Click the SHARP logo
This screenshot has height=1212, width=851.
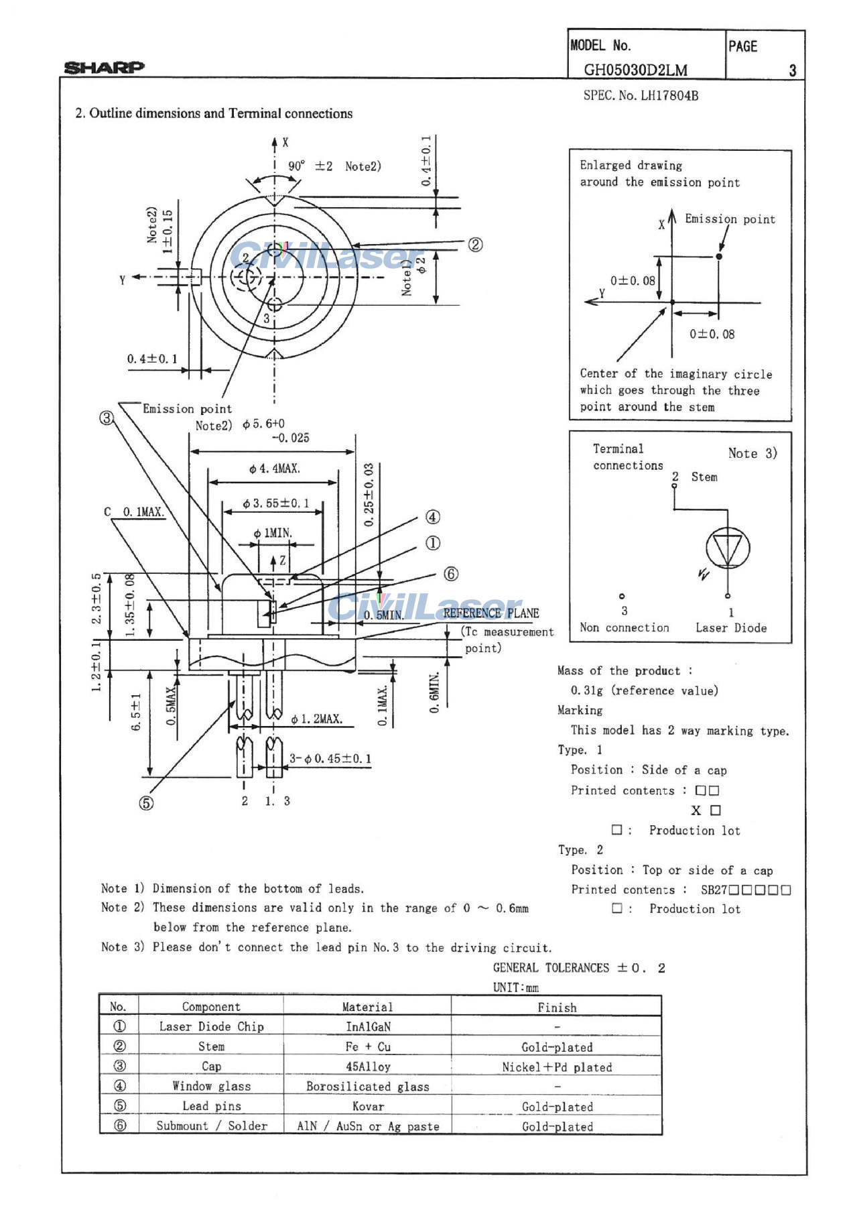click(104, 67)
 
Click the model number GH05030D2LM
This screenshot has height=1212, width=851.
click(635, 70)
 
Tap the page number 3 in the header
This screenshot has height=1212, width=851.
click(792, 70)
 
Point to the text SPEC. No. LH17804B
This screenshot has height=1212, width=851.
click(641, 95)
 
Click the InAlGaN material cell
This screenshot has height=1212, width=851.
click(368, 1026)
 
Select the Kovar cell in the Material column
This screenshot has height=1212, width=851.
click(368, 1106)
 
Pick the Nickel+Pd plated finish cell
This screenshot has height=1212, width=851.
click(557, 1067)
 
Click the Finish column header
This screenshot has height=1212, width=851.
click(557, 1007)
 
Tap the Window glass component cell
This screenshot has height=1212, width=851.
click(211, 1086)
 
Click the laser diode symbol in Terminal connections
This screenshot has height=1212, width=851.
click(728, 548)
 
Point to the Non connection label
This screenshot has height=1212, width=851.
click(624, 627)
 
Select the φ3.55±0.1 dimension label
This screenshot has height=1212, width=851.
click(275, 503)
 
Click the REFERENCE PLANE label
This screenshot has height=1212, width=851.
click(490, 613)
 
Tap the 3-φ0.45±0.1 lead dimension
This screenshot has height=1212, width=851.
click(330, 758)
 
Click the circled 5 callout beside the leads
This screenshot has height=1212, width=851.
click(146, 803)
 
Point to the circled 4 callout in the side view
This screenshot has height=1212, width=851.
click(433, 517)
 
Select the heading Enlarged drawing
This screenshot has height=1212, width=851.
click(631, 165)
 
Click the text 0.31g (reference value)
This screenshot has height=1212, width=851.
click(644, 690)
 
